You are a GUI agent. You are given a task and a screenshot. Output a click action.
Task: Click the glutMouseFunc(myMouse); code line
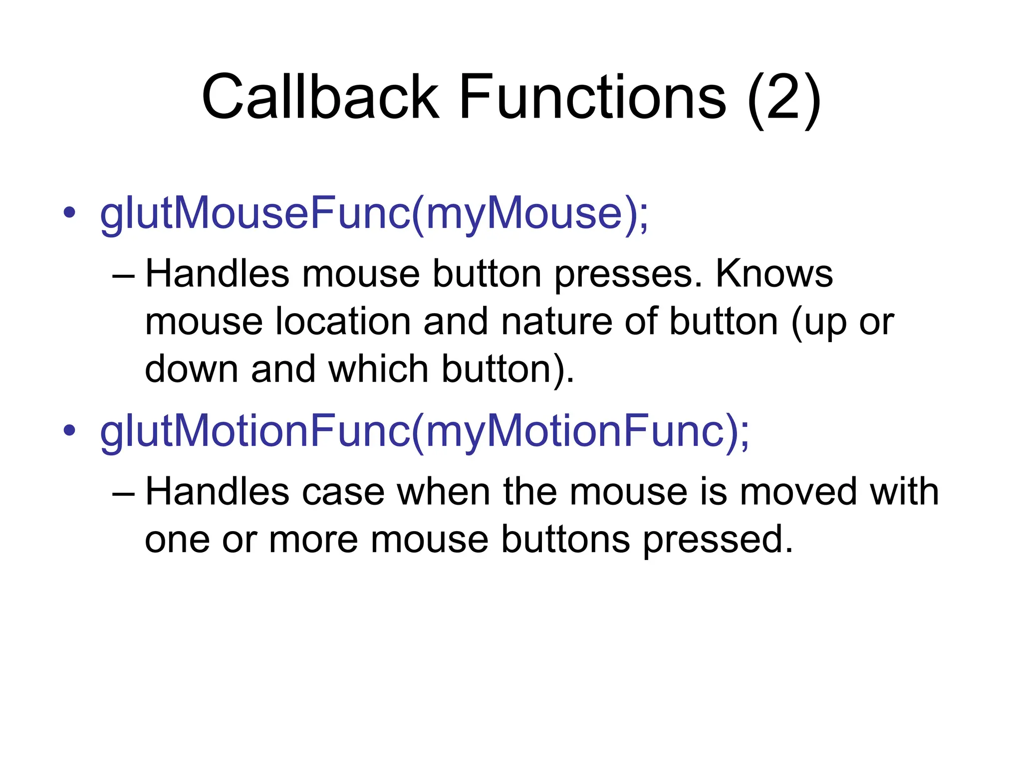374,214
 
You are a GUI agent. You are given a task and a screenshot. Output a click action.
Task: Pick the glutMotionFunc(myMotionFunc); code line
424,432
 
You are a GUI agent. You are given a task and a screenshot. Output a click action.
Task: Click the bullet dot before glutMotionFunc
69,431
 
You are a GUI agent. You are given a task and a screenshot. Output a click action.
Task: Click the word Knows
774,274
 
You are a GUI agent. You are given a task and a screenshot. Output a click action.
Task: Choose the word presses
628,275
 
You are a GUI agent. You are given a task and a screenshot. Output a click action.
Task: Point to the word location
343,322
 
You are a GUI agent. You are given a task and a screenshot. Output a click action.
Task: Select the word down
192,369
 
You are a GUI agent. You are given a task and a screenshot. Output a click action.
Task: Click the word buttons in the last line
565,540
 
